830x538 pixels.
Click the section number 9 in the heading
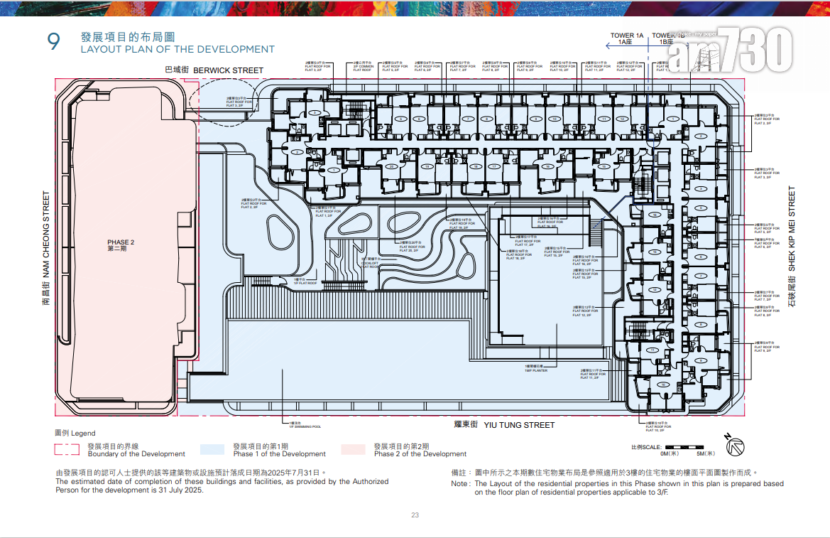(x=53, y=42)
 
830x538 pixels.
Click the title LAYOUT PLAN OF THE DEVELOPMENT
(x=177, y=50)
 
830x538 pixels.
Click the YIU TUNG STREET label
(x=514, y=425)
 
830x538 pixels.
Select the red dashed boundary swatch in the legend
(x=67, y=449)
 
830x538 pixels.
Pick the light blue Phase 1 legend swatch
(x=212, y=449)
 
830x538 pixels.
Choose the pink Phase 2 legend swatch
(x=353, y=449)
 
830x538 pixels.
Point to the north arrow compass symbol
(x=736, y=444)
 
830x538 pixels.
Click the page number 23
(x=415, y=516)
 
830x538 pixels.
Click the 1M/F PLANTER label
(x=536, y=370)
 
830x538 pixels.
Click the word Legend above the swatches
(x=82, y=433)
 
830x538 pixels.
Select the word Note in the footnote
(x=459, y=483)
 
